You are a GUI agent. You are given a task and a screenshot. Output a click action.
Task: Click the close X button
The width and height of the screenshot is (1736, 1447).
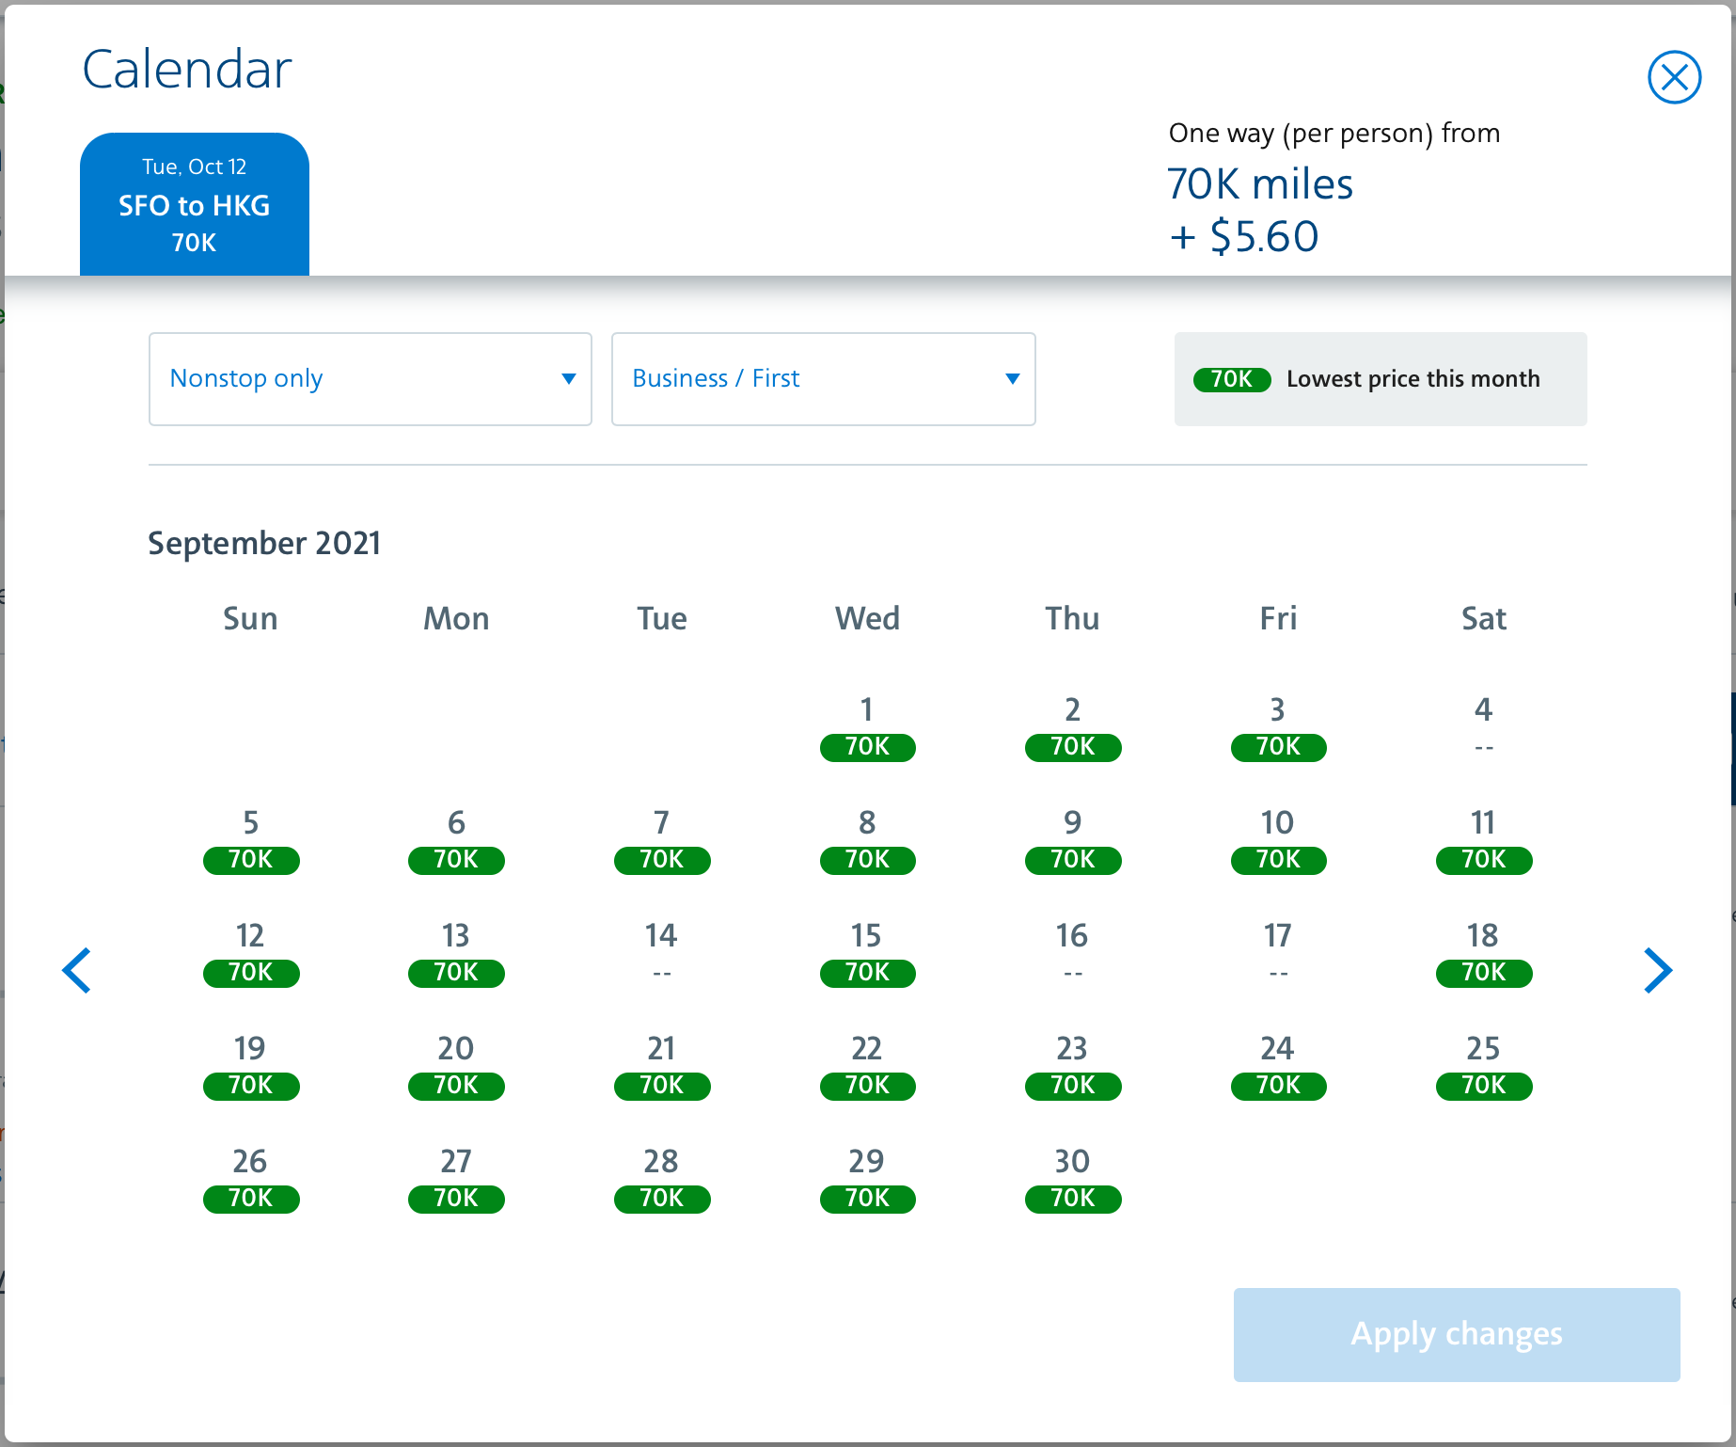click(1674, 77)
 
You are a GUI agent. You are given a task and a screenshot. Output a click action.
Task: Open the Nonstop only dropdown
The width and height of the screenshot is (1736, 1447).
click(370, 378)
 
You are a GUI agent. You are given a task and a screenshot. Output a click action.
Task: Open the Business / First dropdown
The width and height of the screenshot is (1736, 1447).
click(823, 378)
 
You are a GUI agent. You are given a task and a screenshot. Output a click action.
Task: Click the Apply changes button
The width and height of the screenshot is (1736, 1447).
click(1456, 1334)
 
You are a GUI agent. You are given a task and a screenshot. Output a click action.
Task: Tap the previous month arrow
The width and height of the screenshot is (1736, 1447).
click(77, 970)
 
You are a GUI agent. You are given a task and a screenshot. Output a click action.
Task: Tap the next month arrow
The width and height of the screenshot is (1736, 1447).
click(1657, 970)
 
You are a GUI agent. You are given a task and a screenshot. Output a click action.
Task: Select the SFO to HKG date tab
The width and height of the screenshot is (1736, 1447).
click(195, 204)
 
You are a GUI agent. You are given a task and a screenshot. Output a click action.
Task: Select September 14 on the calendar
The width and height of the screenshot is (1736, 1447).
click(661, 951)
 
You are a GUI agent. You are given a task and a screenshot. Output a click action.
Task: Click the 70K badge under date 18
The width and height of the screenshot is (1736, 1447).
click(1483, 973)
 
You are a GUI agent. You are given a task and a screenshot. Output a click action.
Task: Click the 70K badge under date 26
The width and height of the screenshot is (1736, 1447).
click(251, 1199)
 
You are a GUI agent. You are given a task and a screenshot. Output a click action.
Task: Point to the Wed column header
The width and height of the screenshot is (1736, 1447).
click(867, 618)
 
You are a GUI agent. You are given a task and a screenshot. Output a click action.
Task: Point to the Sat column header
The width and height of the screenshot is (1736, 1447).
click(1483, 618)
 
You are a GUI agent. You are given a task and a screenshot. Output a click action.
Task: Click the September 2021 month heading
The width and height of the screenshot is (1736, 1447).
click(264, 543)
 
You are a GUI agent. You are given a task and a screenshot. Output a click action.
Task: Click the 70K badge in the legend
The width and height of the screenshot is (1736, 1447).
click(1232, 379)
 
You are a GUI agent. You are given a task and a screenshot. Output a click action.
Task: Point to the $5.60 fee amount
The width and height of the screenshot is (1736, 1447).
click(1264, 236)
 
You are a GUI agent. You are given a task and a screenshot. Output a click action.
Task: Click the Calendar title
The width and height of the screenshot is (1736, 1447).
click(187, 70)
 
